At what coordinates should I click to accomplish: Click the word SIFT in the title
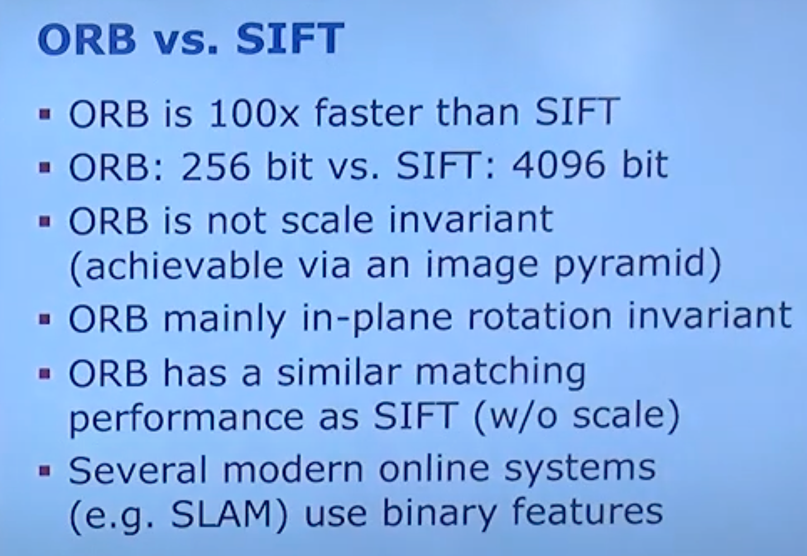[x=290, y=38]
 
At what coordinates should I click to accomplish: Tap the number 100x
[x=253, y=112]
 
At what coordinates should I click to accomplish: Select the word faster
[x=368, y=112]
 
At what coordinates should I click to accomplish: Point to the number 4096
[x=559, y=166]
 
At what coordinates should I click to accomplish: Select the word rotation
[x=539, y=317]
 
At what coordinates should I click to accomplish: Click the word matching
[x=501, y=373]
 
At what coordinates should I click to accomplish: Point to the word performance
[x=186, y=418]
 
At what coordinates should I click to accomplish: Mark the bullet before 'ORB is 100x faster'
[x=45, y=114]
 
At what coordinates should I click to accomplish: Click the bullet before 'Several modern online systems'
[x=45, y=471]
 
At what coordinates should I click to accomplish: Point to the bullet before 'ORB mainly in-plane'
[x=45, y=319]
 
